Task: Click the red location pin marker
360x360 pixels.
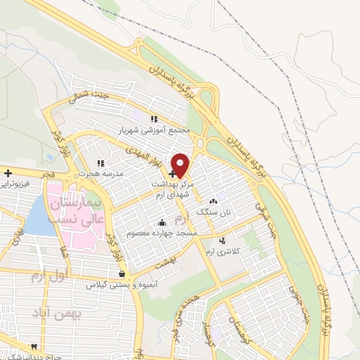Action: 181,165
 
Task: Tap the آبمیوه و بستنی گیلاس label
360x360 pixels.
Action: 121,285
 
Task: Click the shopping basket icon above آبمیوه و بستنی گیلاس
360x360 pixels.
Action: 122,274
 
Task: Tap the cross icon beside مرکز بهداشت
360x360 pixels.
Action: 172,174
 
